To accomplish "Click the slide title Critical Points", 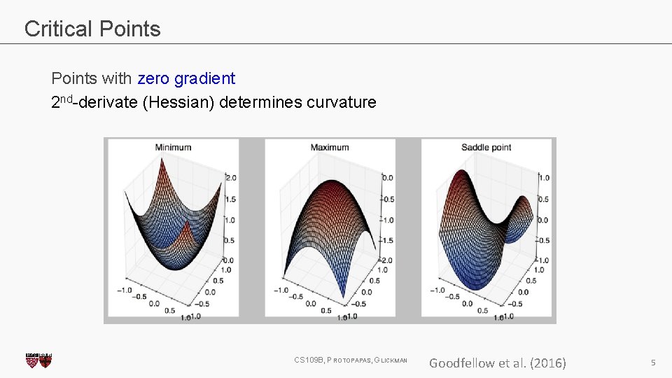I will coord(92,29).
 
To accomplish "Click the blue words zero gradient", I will coord(186,78).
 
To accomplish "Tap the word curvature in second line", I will coord(342,103).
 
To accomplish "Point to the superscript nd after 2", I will coord(68,98).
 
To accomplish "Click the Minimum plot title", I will coord(173,147).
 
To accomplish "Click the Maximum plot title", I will coord(329,147).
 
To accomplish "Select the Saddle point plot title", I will coord(486,147).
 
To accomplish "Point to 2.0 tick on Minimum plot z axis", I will coord(229,178).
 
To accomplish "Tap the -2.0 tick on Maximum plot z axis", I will coord(385,260).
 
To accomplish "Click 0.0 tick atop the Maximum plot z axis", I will coord(387,178).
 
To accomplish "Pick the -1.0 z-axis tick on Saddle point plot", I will coord(542,260).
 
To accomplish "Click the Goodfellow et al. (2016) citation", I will coord(497,363).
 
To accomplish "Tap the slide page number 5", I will coord(652,363).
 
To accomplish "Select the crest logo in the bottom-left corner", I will coord(38,360).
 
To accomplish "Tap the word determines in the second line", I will coord(260,103).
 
